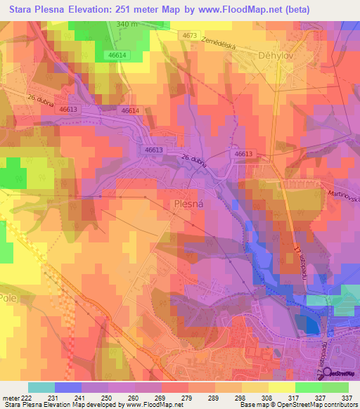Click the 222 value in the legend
click(25, 397)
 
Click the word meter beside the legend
click(9, 397)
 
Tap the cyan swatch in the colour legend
click(41, 387)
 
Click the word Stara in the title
click(23, 9)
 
